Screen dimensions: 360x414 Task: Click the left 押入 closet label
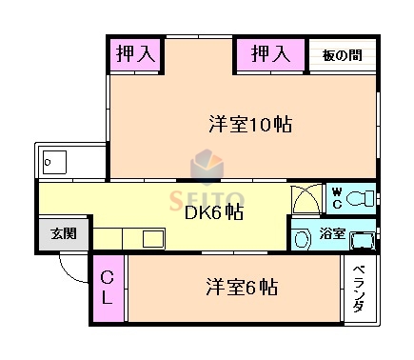click(x=134, y=54)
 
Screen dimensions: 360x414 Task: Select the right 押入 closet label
click(x=269, y=54)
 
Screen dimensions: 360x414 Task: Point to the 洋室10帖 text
click(x=249, y=124)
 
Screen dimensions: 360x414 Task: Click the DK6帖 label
click(x=212, y=211)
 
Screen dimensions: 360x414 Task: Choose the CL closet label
click(x=108, y=288)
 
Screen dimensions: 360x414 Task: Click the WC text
click(x=336, y=198)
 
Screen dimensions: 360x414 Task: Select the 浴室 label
click(x=332, y=233)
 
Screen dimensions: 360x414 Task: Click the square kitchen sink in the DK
click(x=153, y=238)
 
